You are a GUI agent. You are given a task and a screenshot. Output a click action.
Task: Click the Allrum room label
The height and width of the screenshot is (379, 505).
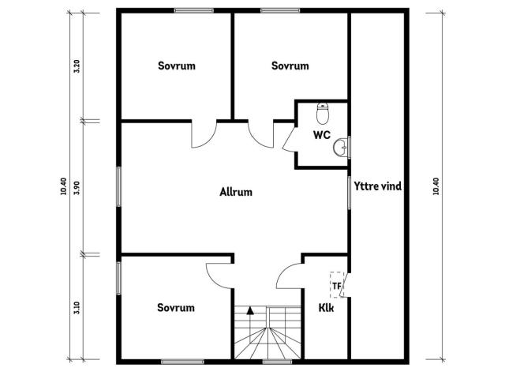[236, 192]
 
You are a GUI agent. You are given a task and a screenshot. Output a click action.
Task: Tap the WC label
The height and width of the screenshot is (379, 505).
[322, 135]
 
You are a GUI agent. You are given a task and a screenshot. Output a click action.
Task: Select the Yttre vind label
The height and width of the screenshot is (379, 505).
[378, 186]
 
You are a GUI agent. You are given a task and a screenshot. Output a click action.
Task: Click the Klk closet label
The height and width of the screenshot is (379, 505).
[326, 308]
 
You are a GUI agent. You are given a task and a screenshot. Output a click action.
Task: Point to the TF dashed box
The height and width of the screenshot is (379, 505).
[337, 285]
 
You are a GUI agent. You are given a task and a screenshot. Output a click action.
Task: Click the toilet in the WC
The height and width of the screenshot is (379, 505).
[323, 114]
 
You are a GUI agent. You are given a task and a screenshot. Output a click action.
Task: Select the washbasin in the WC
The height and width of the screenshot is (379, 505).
[340, 148]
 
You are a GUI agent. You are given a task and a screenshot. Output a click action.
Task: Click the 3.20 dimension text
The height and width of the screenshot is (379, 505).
[77, 66]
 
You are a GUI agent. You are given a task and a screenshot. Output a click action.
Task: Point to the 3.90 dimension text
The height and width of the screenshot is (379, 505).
[77, 188]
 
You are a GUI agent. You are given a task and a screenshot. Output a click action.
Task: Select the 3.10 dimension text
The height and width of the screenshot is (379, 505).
[77, 308]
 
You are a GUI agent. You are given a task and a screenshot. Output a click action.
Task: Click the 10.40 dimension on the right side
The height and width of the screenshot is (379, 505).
[436, 186]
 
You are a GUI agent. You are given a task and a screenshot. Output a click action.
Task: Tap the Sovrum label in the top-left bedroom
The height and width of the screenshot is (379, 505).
[177, 66]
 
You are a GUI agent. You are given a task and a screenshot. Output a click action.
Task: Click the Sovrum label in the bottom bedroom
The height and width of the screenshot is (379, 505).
[176, 308]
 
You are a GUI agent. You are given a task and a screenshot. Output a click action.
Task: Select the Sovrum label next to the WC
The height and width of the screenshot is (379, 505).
[290, 66]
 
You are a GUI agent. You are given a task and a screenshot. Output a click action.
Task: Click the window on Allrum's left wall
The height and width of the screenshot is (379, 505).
[119, 186]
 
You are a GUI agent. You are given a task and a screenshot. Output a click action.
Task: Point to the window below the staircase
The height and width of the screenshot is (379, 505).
[277, 362]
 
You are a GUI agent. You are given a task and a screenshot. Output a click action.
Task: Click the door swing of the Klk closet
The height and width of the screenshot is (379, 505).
[290, 276]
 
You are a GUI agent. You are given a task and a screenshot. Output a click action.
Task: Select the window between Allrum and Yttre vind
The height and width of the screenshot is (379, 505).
[349, 193]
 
